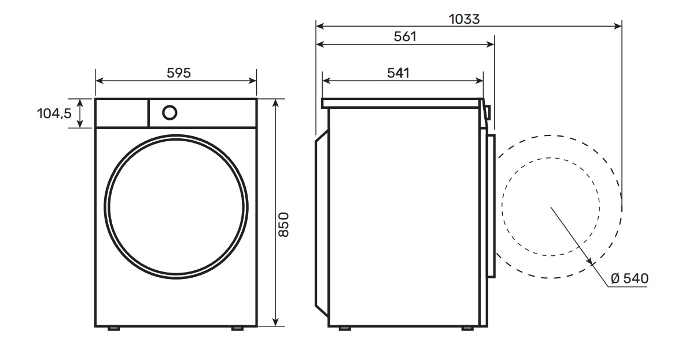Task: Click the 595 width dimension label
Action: [x=179, y=73]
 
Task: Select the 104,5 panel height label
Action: [x=54, y=113]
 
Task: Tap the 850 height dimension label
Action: [x=283, y=224]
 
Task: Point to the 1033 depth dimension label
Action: [x=464, y=19]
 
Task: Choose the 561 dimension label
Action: [x=405, y=36]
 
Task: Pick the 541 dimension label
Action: [x=398, y=73]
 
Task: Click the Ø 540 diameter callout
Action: [x=630, y=278]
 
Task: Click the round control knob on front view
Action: [x=169, y=113]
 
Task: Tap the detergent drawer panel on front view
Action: [x=121, y=113]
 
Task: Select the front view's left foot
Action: [x=114, y=328]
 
